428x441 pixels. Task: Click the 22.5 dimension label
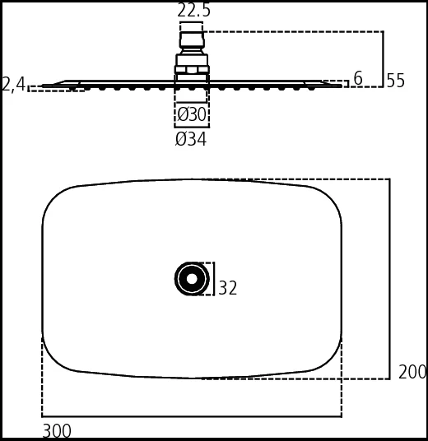[x=193, y=11]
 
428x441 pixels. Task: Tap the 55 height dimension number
[x=395, y=81]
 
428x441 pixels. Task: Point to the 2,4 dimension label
[x=13, y=84]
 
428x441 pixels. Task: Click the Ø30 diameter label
[x=192, y=114]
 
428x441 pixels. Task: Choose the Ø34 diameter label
[x=191, y=139]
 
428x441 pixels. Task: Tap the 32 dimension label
[x=228, y=288]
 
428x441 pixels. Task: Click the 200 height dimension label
[x=412, y=372]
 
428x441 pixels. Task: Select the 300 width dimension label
[x=57, y=430]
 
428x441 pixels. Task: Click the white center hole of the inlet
[x=192, y=279]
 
